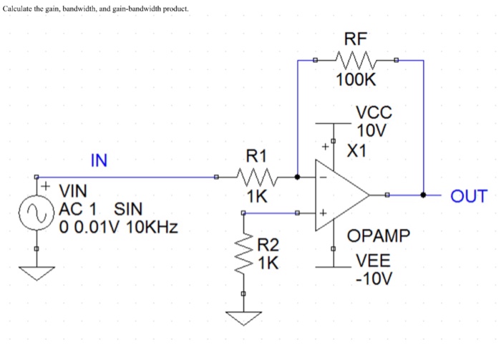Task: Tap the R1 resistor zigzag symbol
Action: point(256,176)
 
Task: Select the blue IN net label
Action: point(99,161)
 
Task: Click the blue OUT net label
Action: point(468,196)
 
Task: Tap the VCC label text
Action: point(372,113)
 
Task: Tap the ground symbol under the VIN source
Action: point(37,272)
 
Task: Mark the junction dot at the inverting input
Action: point(297,176)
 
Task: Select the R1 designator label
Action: point(256,155)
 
